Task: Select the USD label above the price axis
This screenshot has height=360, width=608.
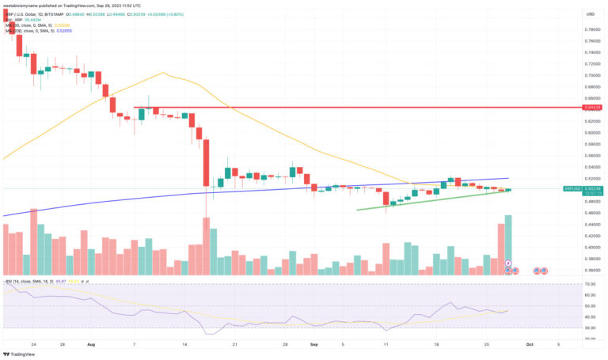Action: tap(590, 14)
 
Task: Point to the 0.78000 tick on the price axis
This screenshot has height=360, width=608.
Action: tap(591, 29)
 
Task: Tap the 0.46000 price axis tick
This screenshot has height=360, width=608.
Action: tap(591, 213)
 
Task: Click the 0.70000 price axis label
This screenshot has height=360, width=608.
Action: tap(591, 75)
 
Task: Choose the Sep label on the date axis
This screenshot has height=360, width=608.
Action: tap(314, 345)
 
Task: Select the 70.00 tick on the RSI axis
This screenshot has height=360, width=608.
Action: tap(590, 284)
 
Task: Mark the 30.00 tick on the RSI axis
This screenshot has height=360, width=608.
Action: tap(590, 328)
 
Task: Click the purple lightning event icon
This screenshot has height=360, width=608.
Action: tap(508, 263)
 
